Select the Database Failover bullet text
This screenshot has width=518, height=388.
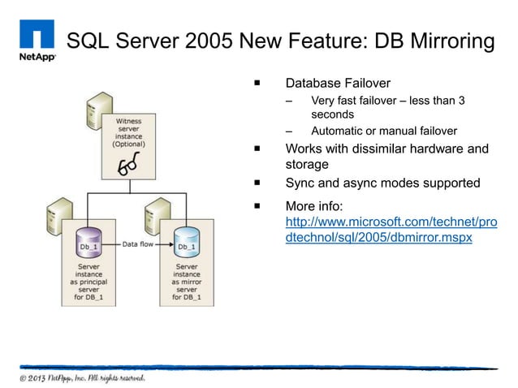click(338, 83)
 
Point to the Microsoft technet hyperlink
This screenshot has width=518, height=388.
click(391, 231)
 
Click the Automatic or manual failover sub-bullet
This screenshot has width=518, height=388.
click(383, 131)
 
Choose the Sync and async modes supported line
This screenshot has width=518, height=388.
click(382, 183)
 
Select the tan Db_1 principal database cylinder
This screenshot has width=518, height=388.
click(89, 243)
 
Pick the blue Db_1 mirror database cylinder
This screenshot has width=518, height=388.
click(187, 243)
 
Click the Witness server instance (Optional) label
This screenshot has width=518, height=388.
click(128, 133)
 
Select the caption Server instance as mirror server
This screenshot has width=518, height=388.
click(187, 281)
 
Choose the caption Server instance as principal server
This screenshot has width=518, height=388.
click(89, 281)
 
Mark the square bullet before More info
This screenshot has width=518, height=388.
click(256, 206)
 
